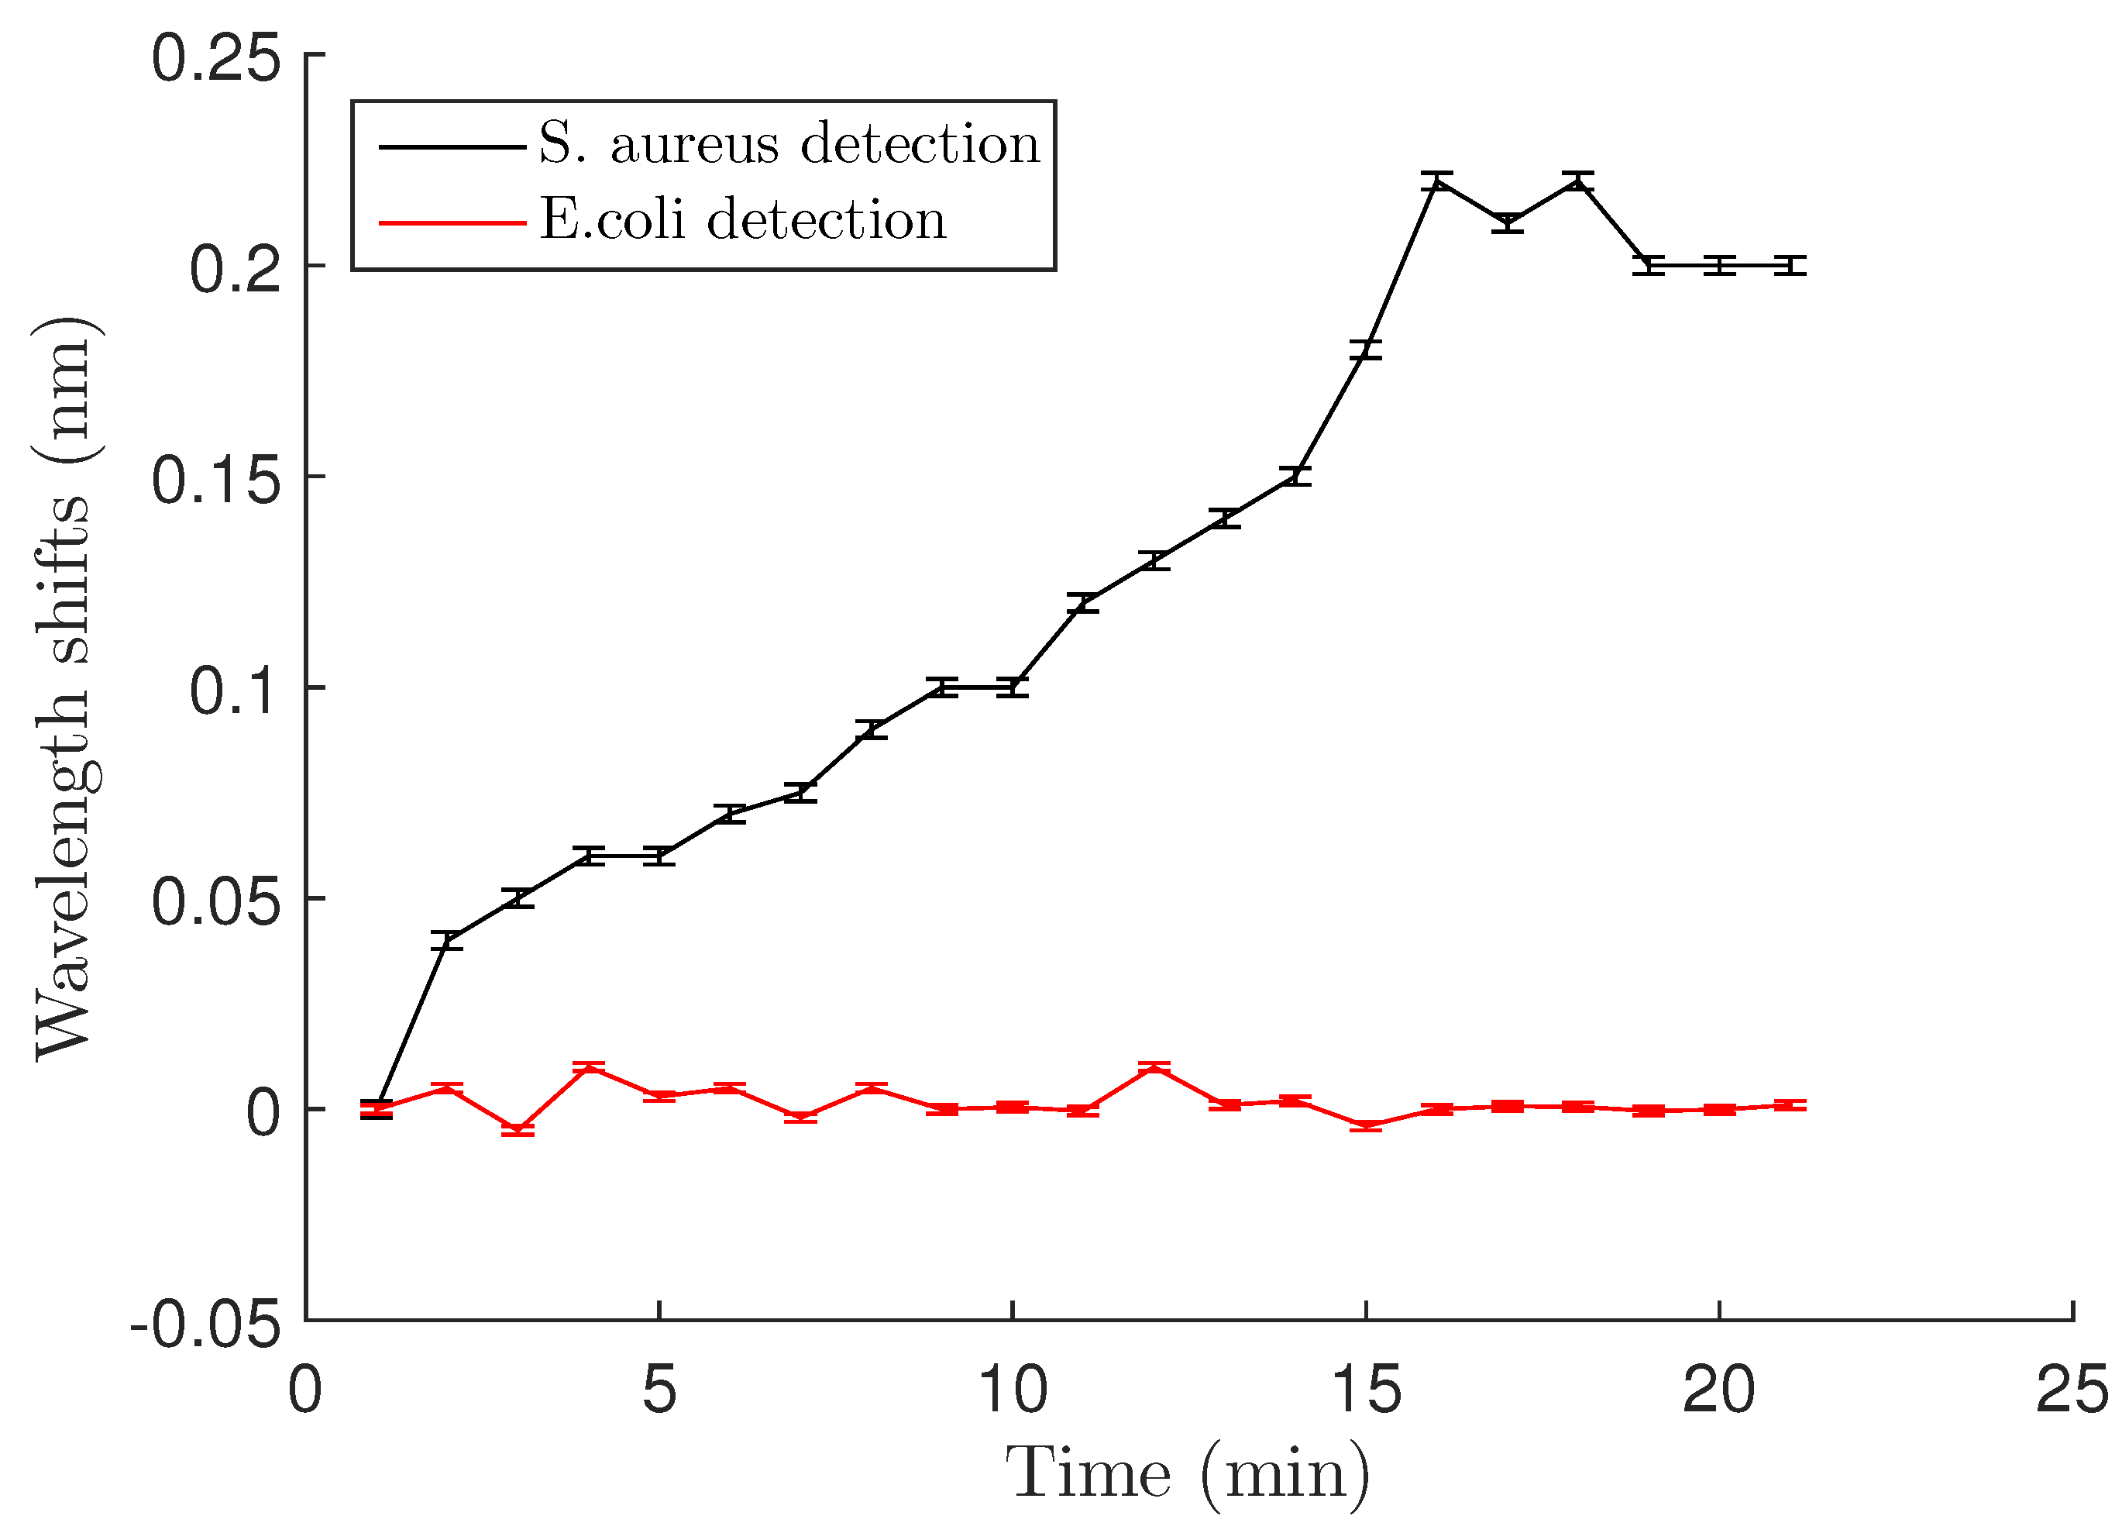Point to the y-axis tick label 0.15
(x=216, y=480)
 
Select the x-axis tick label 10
(x=1013, y=1390)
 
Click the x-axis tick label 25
(x=2072, y=1390)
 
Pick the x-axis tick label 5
(x=659, y=1390)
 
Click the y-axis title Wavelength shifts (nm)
(x=64, y=689)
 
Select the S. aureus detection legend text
(x=789, y=144)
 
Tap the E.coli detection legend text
(x=742, y=221)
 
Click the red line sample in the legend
(x=452, y=222)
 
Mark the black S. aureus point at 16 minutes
(x=1436, y=181)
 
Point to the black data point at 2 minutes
(x=447, y=941)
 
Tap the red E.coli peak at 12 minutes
(x=1154, y=1067)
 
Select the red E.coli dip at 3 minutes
(x=518, y=1131)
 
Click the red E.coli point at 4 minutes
(x=589, y=1067)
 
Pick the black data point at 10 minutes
(x=1013, y=687)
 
